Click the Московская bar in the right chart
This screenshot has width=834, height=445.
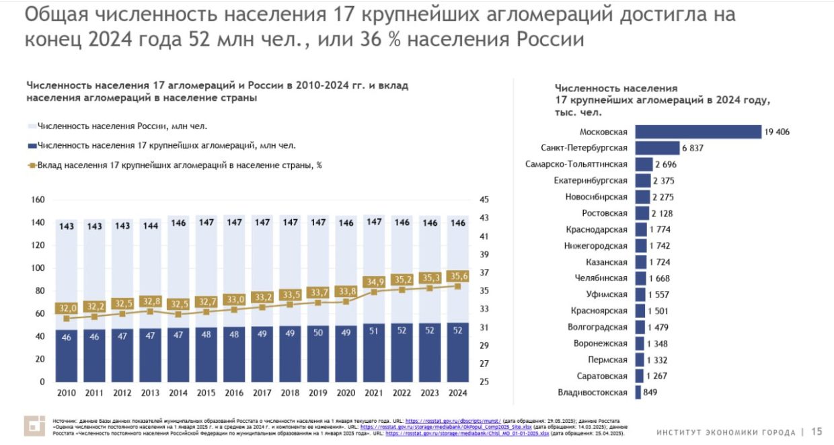(x=697, y=132)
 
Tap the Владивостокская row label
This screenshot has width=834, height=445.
(x=593, y=393)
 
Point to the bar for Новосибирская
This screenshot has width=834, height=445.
(x=642, y=197)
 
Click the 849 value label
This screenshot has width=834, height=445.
(x=650, y=393)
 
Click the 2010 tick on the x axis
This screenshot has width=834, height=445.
(x=66, y=393)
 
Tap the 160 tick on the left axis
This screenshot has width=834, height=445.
(x=38, y=200)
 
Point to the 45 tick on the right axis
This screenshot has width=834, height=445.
(x=484, y=200)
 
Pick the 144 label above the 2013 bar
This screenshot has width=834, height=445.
(x=150, y=226)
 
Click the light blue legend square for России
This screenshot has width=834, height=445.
(x=32, y=126)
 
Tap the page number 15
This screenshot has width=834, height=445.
(x=817, y=432)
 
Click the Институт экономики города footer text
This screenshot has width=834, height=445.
(x=726, y=432)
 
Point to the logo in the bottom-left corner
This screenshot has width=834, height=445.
(x=34, y=426)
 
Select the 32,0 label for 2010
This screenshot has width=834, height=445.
(x=66, y=309)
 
